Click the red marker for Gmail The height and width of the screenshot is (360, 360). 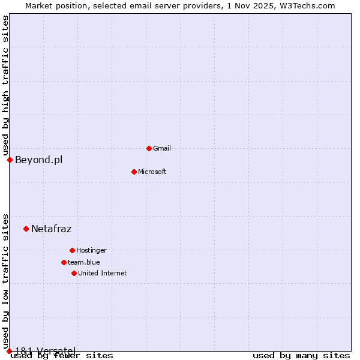click(149, 148)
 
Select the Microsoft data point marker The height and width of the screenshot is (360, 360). click(134, 172)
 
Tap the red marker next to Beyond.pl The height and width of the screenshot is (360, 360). click(10, 160)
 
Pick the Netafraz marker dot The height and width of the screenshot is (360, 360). click(26, 229)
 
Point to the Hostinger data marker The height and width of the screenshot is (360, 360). click(72, 250)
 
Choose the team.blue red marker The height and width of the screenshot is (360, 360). click(64, 262)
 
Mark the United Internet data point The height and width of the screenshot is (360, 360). click(74, 273)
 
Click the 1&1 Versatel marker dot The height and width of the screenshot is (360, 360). click(9, 351)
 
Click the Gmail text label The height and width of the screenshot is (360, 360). click(162, 148)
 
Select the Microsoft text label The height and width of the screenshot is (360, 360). click(152, 172)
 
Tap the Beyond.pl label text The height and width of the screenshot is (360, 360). click(38, 160)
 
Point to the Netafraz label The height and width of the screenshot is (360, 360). click(51, 229)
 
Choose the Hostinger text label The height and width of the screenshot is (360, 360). click(91, 250)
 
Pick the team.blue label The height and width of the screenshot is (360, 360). click(84, 262)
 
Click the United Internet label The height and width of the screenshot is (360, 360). click(103, 273)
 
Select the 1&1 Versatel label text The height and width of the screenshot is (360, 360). click(45, 350)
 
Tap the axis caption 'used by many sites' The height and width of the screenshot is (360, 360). click(301, 356)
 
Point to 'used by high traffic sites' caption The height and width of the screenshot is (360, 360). click(5, 85)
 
